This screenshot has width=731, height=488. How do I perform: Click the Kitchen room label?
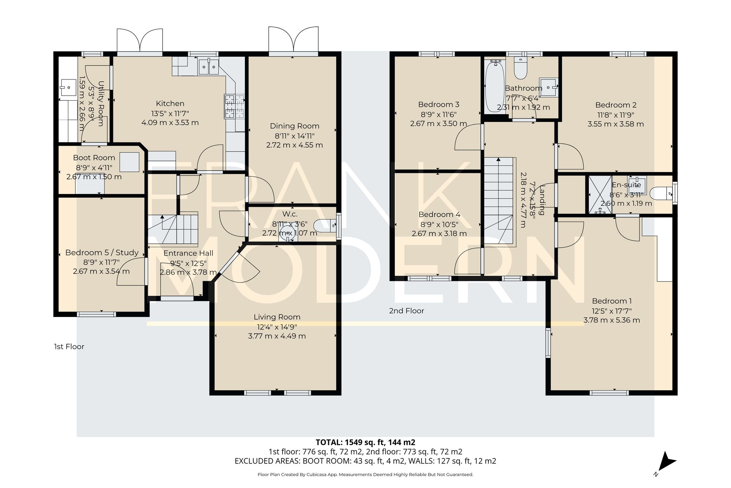coord(170,104)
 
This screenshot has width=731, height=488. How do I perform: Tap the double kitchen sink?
coord(208,67)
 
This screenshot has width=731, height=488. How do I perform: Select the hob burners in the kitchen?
coord(234,107)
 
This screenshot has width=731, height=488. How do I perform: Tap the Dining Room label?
coord(295,126)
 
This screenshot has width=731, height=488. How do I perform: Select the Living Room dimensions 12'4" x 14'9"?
coord(277,327)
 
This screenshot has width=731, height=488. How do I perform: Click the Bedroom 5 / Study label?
coord(102,253)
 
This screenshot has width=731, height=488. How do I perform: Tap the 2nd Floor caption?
coord(406,311)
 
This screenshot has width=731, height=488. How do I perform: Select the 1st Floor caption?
coord(69,347)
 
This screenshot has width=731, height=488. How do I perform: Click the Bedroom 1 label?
coord(611,301)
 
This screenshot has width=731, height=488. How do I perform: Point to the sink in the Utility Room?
coord(68,87)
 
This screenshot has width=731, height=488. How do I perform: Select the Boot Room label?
coord(94,158)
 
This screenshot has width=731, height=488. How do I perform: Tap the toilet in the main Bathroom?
coord(520,69)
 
